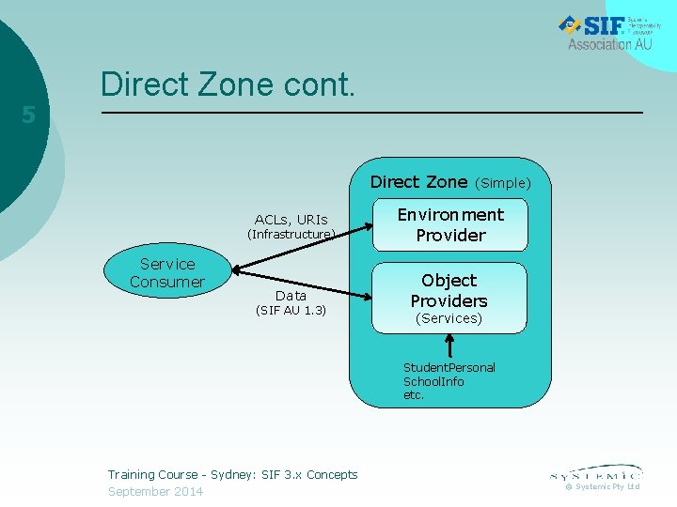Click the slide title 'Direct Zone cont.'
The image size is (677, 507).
228,84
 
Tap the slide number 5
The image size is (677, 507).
28,115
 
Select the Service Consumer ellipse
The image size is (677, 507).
167,273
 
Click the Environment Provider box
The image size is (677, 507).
450,224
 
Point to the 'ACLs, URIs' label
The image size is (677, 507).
291,220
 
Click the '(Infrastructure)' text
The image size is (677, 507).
291,235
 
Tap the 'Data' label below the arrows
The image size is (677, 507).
291,296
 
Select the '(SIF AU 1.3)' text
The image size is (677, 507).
291,311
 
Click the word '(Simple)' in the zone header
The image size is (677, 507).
503,183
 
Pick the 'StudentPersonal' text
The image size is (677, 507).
449,368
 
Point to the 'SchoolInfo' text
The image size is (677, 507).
433,382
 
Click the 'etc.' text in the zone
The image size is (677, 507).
414,395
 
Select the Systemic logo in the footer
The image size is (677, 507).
596,472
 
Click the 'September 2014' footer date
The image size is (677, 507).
155,492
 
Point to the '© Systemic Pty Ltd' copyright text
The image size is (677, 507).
602,486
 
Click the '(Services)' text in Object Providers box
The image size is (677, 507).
449,318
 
